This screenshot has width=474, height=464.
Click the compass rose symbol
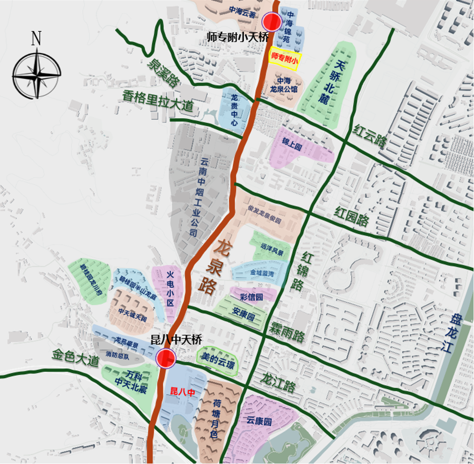(x=36, y=75)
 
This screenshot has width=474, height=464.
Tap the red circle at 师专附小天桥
(x=271, y=21)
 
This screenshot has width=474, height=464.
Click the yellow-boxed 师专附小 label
(x=284, y=58)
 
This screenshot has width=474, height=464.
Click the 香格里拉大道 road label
(x=158, y=101)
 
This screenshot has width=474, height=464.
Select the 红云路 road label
(x=370, y=135)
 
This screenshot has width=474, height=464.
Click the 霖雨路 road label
(x=287, y=331)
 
